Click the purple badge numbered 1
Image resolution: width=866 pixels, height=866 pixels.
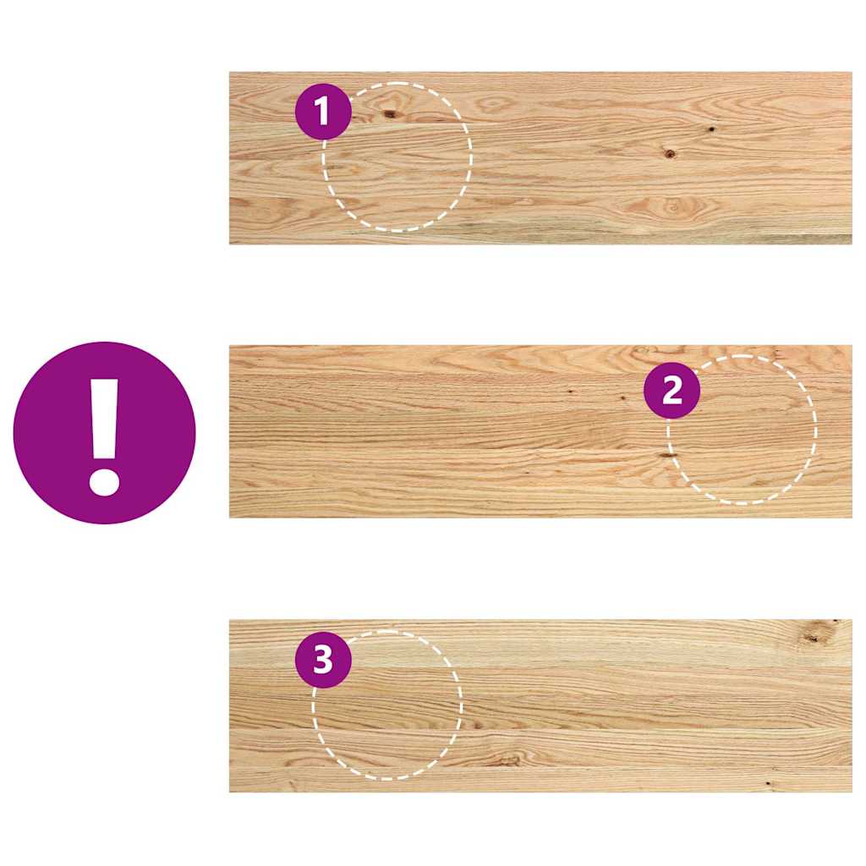(323, 112)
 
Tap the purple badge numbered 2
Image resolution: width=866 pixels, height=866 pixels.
(671, 391)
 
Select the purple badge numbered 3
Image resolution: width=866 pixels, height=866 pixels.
(323, 660)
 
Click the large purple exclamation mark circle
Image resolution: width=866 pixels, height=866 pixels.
(104, 432)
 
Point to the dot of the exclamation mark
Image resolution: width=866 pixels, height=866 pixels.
(104, 480)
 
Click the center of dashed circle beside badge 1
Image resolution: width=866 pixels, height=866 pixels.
(397, 156)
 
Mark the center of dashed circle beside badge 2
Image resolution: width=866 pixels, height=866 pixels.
(742, 430)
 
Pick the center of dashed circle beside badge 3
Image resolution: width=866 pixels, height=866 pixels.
(387, 704)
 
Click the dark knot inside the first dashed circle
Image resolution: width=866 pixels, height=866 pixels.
(391, 113)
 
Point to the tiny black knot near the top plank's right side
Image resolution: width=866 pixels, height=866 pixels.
(710, 129)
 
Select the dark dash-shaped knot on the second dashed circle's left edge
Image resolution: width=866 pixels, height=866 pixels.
(668, 455)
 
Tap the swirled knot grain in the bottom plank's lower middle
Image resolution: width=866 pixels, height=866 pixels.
(508, 758)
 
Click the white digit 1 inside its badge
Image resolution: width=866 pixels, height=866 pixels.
(322, 112)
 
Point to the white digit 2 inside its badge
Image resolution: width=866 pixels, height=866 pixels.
(671, 391)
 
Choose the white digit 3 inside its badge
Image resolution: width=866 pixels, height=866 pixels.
(323, 660)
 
